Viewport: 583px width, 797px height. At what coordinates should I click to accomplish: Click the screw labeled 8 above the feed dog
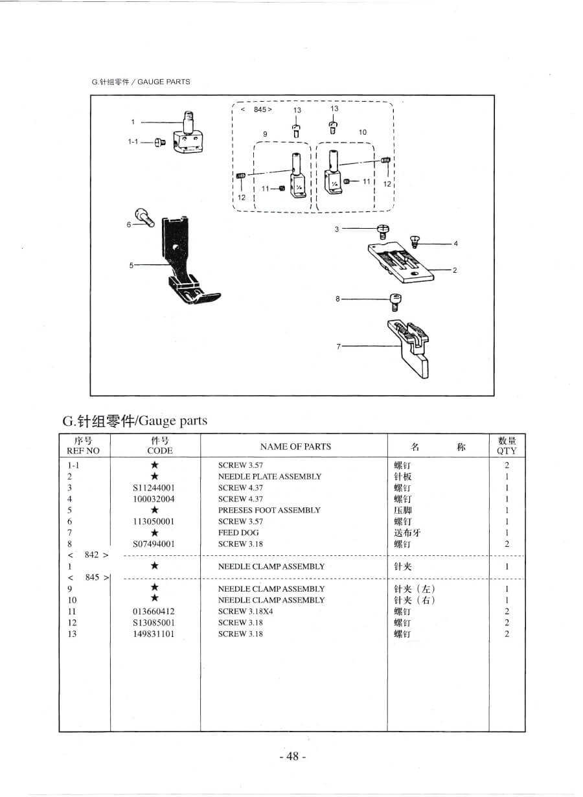pyautogui.click(x=395, y=300)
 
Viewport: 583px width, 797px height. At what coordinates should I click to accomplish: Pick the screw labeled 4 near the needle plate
pyautogui.click(x=416, y=240)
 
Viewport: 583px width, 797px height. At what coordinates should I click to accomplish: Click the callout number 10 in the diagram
pyautogui.click(x=363, y=132)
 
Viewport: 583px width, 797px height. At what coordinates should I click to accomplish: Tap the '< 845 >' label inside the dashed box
pyautogui.click(x=257, y=110)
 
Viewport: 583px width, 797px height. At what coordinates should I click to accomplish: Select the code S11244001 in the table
pyautogui.click(x=153, y=488)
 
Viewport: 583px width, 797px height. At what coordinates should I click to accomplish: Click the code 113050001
pyautogui.click(x=153, y=522)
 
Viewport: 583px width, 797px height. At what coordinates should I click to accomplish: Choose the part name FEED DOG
pyautogui.click(x=238, y=533)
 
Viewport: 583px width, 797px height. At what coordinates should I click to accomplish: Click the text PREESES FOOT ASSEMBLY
pyautogui.click(x=269, y=511)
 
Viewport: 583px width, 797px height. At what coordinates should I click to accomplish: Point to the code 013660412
pyautogui.click(x=153, y=612)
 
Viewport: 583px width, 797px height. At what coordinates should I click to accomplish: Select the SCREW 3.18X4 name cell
pyautogui.click(x=245, y=612)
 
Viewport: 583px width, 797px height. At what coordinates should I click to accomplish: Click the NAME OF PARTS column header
pyautogui.click(x=295, y=446)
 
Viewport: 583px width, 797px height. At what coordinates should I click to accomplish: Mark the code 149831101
pyautogui.click(x=153, y=634)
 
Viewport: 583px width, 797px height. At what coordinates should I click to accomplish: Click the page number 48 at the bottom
pyautogui.click(x=291, y=757)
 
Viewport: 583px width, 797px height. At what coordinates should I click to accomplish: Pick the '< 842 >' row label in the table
pyautogui.click(x=87, y=555)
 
